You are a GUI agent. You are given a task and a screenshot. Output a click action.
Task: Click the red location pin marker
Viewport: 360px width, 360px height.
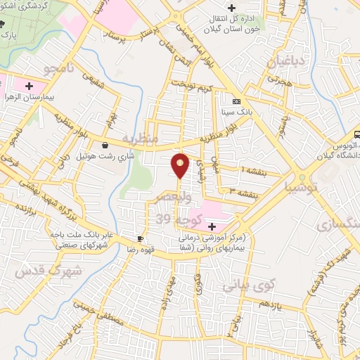181,165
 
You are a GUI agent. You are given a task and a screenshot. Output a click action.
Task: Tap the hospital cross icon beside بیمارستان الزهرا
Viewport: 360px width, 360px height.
28,86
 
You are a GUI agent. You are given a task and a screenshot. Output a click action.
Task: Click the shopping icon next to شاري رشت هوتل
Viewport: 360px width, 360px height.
105,146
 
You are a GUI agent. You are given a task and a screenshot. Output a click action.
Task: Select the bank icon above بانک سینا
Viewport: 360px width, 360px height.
245,101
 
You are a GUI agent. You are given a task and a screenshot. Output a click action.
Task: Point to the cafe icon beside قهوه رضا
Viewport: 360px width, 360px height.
140,239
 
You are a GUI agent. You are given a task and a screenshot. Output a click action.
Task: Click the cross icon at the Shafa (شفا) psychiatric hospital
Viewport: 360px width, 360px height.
212,226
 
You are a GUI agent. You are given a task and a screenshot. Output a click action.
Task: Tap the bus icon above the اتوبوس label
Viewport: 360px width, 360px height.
356,133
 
